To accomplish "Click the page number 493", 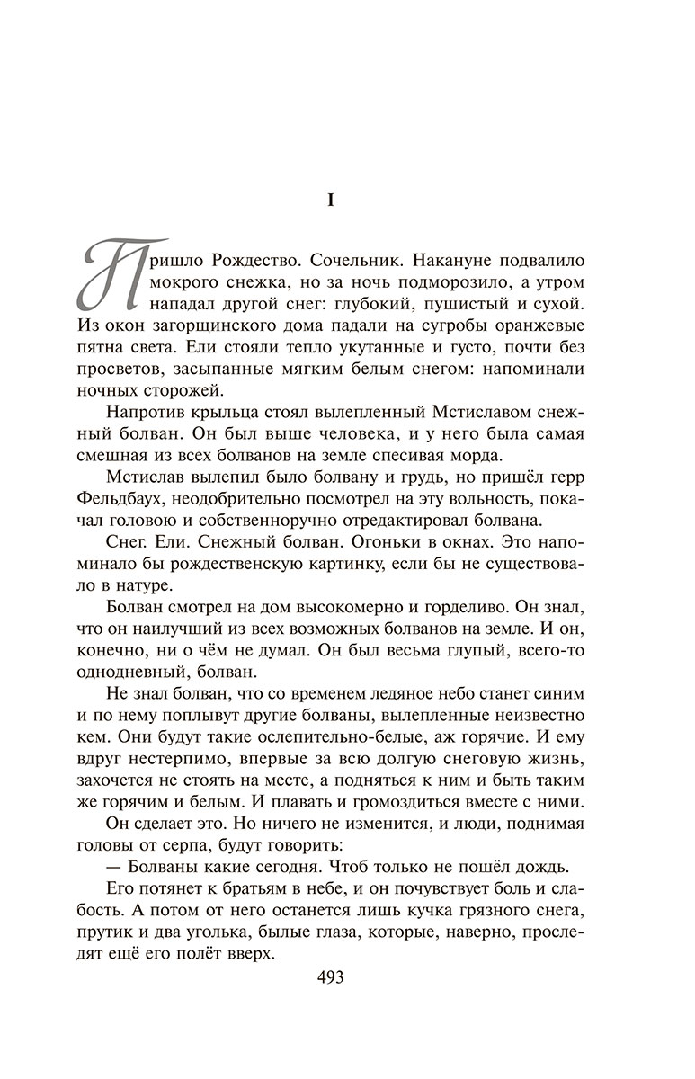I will (x=330, y=976).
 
